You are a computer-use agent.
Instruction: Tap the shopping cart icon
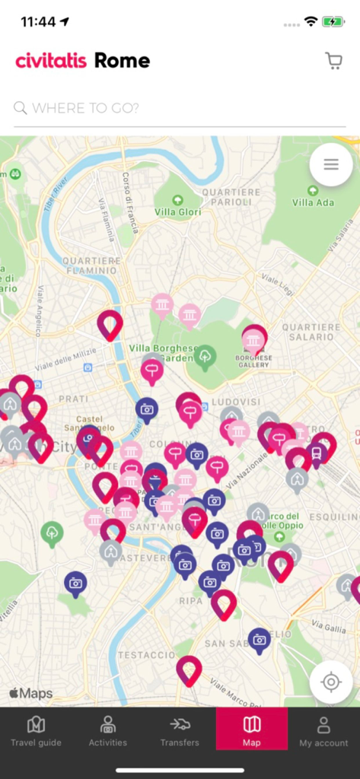(333, 61)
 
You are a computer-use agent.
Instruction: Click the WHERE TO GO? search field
(180, 108)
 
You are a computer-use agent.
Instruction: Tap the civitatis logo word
(51, 61)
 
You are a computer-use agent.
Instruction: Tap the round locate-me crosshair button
(331, 681)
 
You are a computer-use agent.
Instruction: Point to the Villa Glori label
(177, 212)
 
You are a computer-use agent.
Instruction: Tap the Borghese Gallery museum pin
(254, 339)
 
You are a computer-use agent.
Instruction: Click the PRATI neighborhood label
(74, 398)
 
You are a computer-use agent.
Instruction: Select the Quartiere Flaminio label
(91, 265)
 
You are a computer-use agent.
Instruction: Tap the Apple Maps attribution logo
(31, 693)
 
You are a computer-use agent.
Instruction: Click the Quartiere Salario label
(311, 332)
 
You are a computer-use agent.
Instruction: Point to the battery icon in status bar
(333, 22)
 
